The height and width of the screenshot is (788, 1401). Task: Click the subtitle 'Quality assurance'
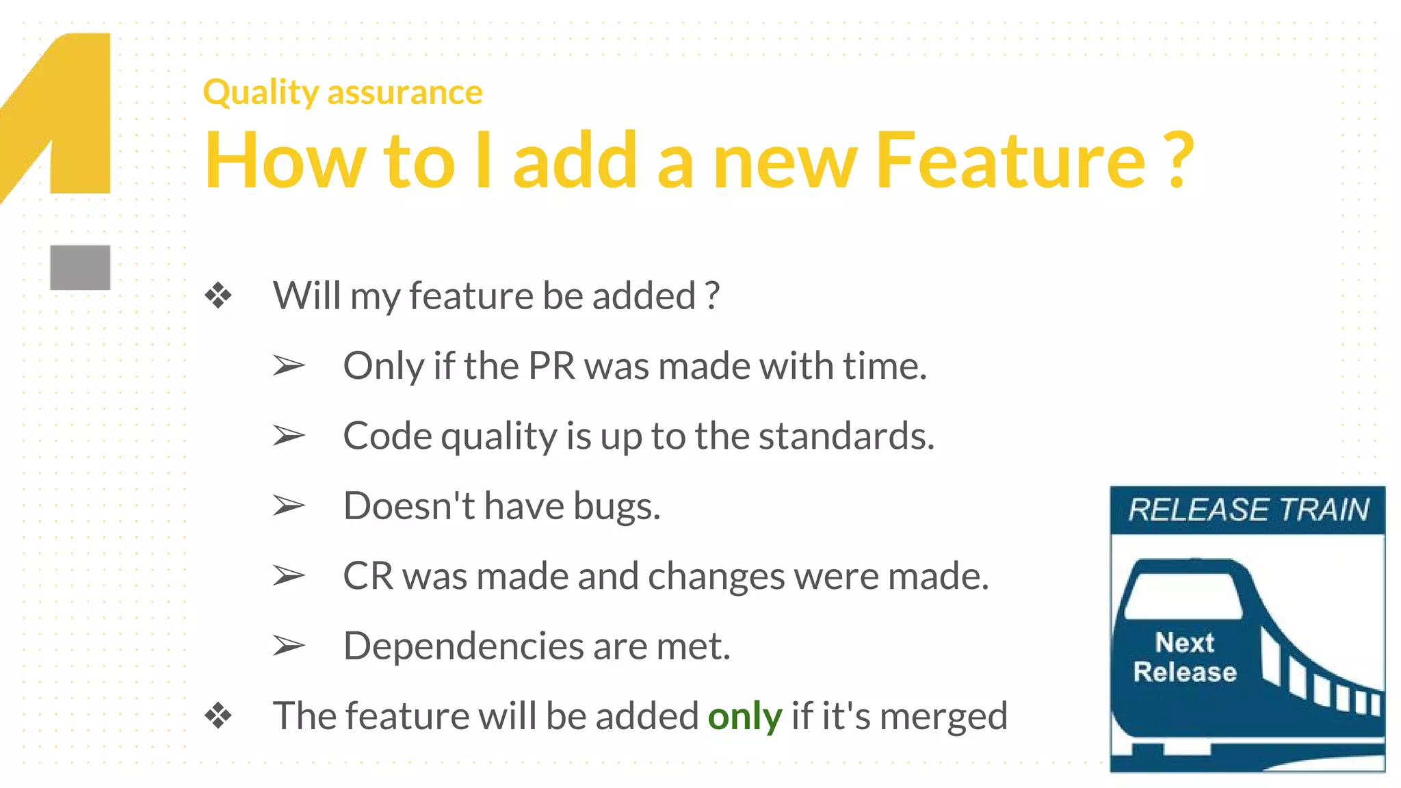click(343, 92)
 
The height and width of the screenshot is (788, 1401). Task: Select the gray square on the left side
click(80, 267)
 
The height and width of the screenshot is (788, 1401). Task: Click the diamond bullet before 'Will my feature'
click(218, 296)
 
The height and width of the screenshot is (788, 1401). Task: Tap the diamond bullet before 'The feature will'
click(218, 716)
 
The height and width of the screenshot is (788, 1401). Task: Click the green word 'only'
click(744, 716)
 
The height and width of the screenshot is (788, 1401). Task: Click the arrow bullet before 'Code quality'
click(288, 436)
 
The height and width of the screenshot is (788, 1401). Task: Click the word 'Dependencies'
click(462, 646)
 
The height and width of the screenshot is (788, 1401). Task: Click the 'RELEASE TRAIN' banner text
click(1248, 510)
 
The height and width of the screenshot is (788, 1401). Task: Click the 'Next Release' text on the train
click(1185, 657)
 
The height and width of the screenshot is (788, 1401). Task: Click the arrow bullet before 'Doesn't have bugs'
click(288, 506)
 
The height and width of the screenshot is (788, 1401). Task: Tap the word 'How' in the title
click(285, 161)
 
